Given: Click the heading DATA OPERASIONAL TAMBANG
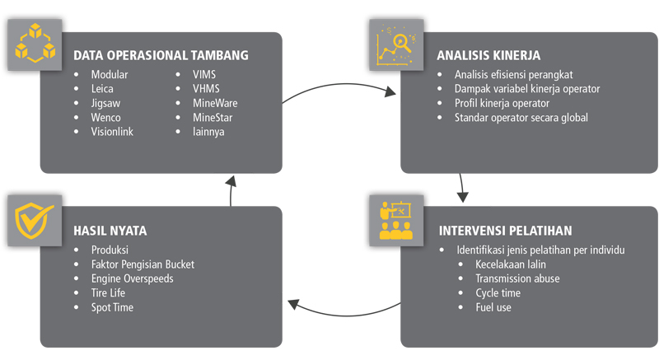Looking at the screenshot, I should pos(161,56).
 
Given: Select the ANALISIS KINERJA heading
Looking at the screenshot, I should pos(488,56).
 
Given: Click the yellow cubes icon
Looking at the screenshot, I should pos(35,44).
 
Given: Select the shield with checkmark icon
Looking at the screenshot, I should pos(35,219).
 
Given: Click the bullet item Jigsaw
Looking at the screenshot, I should pos(106,103).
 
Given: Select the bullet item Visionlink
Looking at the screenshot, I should pos(112,131).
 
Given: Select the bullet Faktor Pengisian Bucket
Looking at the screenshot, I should pos(143,264).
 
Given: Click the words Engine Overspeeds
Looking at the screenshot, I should pos(132,278).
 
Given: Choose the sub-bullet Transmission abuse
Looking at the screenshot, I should pos(516,278).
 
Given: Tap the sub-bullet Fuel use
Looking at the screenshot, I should pos(493,306).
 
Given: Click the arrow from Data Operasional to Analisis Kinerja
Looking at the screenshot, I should pos(338,89).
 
